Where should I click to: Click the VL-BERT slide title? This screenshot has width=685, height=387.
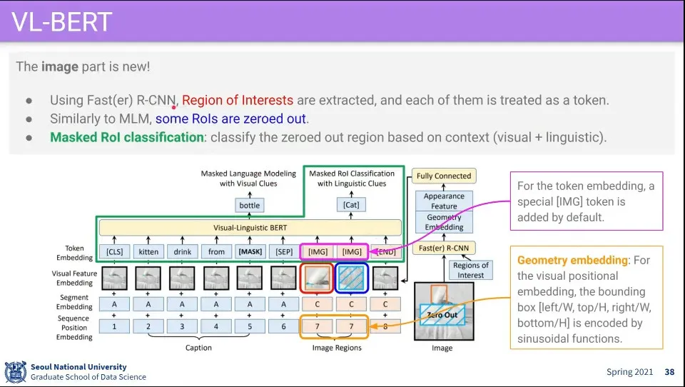[62, 21]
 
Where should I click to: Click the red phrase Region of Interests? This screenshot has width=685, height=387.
[238, 101]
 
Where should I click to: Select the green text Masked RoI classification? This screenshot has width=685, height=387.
[126, 137]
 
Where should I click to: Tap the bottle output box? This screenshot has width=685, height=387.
[250, 206]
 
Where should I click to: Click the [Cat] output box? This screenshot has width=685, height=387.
[351, 206]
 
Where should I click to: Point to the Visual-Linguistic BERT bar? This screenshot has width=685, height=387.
[250, 228]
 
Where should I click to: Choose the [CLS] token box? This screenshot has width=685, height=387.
[115, 251]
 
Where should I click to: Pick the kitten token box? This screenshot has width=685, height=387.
[148, 251]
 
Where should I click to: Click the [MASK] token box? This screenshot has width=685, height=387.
[250, 251]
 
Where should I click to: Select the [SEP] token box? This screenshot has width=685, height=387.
[284, 251]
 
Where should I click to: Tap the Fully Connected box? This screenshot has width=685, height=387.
[444, 176]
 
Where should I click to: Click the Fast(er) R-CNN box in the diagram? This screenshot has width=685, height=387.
[444, 248]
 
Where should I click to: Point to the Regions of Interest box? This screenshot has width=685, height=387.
[471, 270]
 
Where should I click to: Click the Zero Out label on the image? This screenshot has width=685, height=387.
[442, 315]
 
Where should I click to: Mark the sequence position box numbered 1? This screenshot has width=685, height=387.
[115, 326]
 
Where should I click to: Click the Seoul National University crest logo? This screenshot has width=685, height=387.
[15, 371]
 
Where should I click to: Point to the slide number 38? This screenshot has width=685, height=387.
[669, 372]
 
